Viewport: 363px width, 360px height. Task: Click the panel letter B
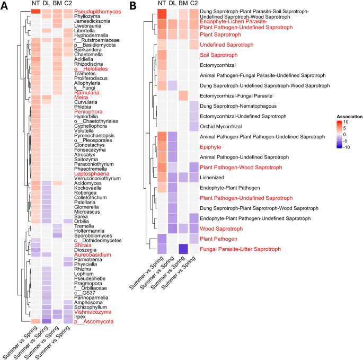point(134,6)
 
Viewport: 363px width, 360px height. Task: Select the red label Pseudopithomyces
point(98,12)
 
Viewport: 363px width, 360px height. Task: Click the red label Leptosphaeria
point(92,173)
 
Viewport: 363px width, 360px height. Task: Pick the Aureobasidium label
point(93,255)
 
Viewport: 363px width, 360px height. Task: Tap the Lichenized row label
point(213,178)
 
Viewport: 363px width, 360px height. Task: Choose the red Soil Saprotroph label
point(218,55)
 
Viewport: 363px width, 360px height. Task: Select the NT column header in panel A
point(36,4)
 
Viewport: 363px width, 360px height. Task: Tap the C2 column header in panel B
point(194,4)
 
